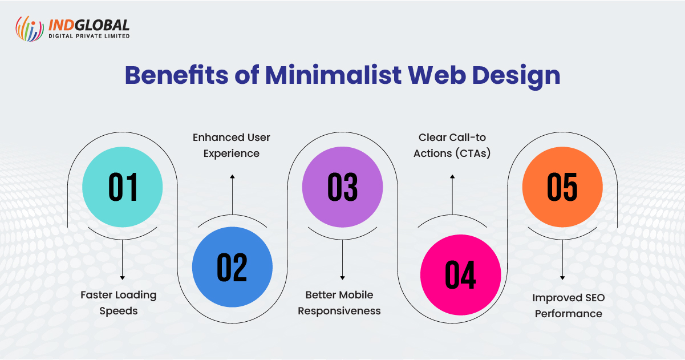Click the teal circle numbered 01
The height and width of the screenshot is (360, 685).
[x=122, y=187]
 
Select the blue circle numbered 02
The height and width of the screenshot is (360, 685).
[x=232, y=267]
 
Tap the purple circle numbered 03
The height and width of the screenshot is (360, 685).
[x=342, y=187]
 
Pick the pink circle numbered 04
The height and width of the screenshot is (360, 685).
[x=460, y=274]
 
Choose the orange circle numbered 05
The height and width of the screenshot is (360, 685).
[x=562, y=187]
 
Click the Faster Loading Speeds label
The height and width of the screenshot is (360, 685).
[x=118, y=303]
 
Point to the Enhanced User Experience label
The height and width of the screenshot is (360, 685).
[x=232, y=145]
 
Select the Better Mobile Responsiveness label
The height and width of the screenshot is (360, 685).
[x=339, y=303]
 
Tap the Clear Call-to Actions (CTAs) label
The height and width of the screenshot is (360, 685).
[x=452, y=145]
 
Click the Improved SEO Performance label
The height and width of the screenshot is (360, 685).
[x=569, y=306]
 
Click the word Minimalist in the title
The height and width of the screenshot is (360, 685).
[x=333, y=75]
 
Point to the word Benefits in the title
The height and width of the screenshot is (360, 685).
[x=176, y=75]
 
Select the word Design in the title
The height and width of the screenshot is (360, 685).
[x=516, y=76]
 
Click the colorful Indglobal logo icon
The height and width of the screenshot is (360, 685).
[x=30, y=29]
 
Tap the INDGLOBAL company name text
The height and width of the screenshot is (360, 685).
[x=89, y=25]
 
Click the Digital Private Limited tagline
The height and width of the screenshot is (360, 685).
[x=89, y=36]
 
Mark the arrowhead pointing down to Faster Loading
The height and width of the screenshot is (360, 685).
[x=122, y=278]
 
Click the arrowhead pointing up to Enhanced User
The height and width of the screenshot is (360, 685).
[x=232, y=176]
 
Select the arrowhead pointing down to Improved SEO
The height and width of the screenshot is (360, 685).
[x=562, y=278]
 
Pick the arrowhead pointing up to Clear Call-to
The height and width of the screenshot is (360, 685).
[x=452, y=176]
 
